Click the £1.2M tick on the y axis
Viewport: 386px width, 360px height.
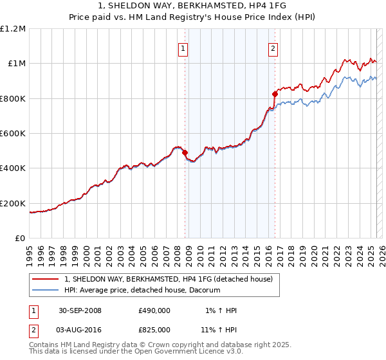click(13, 29)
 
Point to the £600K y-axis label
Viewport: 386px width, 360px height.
click(13, 134)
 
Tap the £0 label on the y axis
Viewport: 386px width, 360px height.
click(20, 239)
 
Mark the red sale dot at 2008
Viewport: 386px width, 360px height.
click(185, 153)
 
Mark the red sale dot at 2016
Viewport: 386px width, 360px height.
click(275, 94)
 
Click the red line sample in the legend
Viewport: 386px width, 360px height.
click(46, 279)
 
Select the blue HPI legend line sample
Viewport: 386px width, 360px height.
click(46, 290)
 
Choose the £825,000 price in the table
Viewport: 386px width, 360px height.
click(154, 329)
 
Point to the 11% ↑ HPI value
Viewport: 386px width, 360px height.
click(220, 329)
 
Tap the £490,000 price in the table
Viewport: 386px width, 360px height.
click(154, 310)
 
